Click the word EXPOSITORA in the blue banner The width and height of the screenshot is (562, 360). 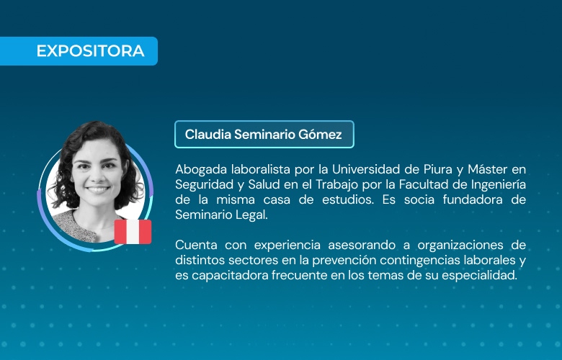coord(90,51)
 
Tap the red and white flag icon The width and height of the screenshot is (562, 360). coord(133,232)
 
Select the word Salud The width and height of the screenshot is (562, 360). coord(264,184)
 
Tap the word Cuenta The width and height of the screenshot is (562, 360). coord(196,245)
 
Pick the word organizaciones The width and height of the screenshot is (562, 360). coord(460,246)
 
